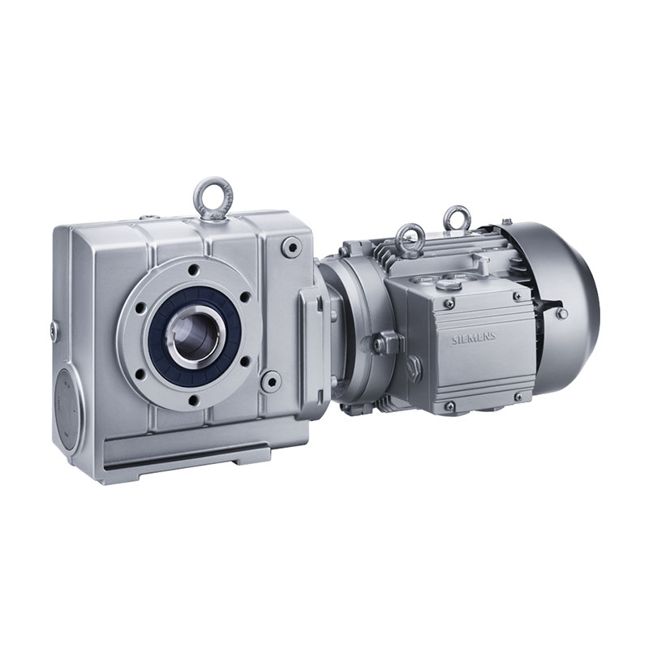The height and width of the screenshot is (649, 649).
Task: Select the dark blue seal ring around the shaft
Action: [x=188, y=330]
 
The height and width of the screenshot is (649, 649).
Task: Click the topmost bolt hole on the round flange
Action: [x=192, y=270]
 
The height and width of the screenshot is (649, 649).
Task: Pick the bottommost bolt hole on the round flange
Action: [x=192, y=400]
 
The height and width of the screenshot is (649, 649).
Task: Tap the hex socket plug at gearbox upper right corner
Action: [x=290, y=245]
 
